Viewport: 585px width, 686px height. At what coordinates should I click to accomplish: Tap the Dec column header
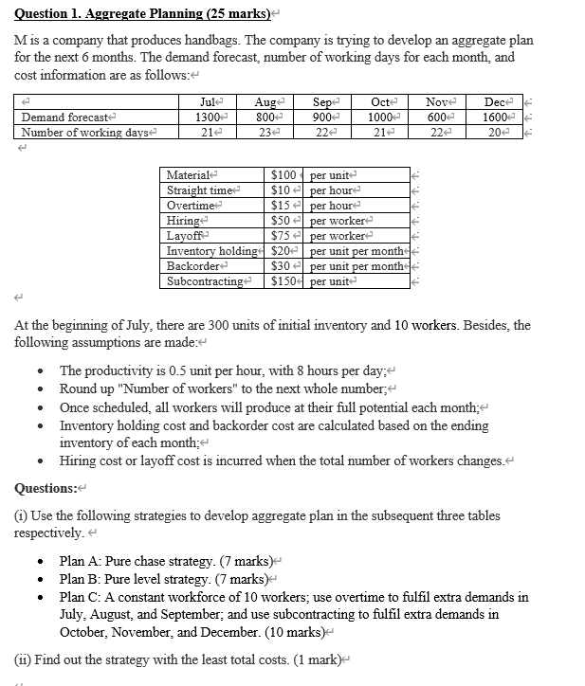click(x=494, y=101)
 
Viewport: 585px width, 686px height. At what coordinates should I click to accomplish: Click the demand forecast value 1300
click(x=209, y=117)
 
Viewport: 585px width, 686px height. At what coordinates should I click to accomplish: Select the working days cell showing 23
click(x=265, y=132)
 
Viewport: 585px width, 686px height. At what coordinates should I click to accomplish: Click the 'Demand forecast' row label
click(x=54, y=117)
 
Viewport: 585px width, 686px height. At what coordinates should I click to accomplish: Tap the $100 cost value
click(x=283, y=175)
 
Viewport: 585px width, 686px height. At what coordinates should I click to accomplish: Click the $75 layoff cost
click(x=281, y=236)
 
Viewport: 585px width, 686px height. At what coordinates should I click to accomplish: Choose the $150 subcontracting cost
click(x=283, y=281)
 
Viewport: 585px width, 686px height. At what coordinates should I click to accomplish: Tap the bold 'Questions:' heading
click(x=46, y=488)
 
